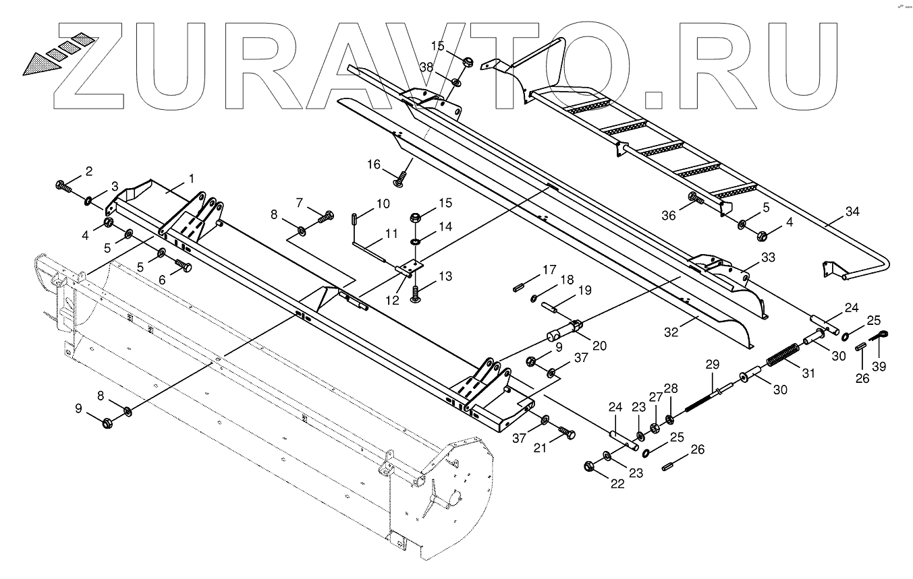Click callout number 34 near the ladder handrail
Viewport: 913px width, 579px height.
[852, 212]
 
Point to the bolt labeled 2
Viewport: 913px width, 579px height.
[62, 185]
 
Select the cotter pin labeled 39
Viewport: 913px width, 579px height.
[881, 338]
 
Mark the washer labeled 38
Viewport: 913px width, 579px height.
[456, 83]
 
